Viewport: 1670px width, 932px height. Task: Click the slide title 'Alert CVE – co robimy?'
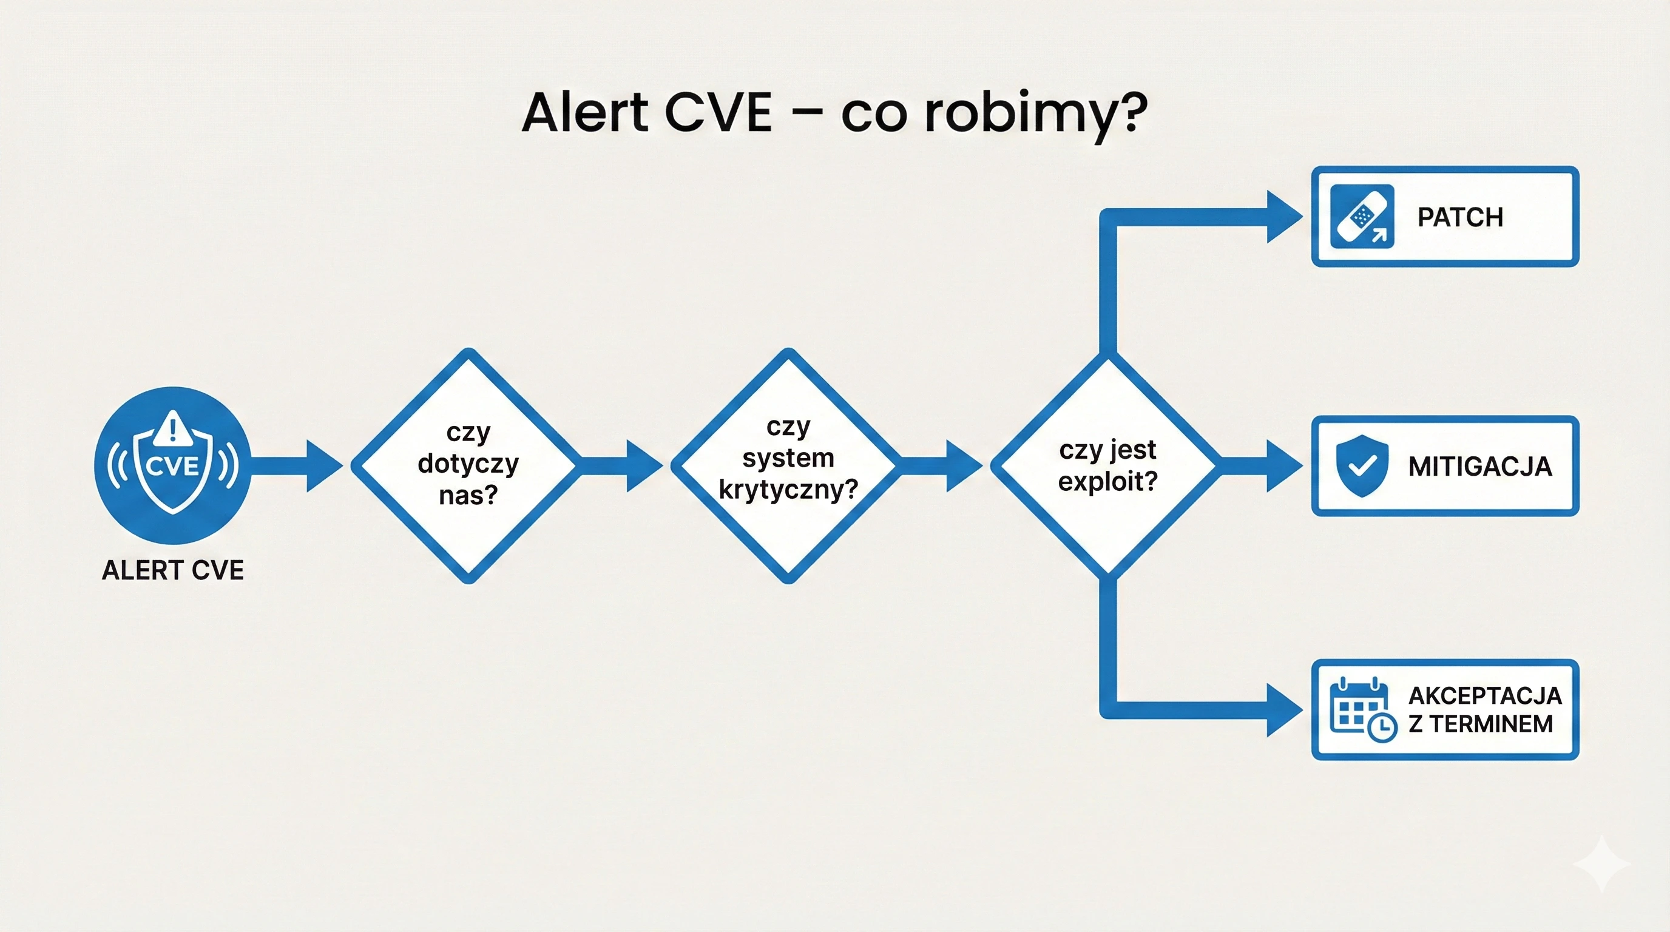pyautogui.click(x=834, y=113)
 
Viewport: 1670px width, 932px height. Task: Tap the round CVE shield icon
pyautogui.click(x=173, y=465)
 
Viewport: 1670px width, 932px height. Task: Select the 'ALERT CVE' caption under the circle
pyautogui.click(x=173, y=570)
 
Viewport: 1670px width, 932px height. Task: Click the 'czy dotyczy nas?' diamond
pyautogui.click(x=468, y=465)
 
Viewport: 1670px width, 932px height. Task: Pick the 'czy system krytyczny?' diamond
pyautogui.click(x=788, y=465)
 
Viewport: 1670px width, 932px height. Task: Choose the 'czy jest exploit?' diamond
pyautogui.click(x=1108, y=465)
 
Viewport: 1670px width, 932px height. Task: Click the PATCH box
pyautogui.click(x=1445, y=217)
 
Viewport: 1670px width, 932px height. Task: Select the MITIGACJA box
pyautogui.click(x=1445, y=466)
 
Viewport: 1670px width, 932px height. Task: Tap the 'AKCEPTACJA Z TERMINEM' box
pyautogui.click(x=1445, y=710)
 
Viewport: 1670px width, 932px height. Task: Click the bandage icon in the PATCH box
pyautogui.click(x=1362, y=217)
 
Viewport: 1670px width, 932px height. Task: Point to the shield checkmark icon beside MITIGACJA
pyautogui.click(x=1362, y=466)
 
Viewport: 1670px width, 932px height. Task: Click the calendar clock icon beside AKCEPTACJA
pyautogui.click(x=1363, y=710)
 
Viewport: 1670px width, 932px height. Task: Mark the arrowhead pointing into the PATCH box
pyautogui.click(x=1285, y=217)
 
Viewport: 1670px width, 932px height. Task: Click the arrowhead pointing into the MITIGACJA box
pyautogui.click(x=1285, y=466)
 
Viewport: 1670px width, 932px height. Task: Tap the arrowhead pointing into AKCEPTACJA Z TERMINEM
pyautogui.click(x=1285, y=711)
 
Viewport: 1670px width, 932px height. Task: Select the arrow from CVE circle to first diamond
pyautogui.click(x=297, y=465)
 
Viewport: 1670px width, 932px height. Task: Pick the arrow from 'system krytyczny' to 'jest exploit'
pyautogui.click(x=942, y=465)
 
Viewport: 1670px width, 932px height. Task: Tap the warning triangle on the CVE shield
pyautogui.click(x=172, y=428)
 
